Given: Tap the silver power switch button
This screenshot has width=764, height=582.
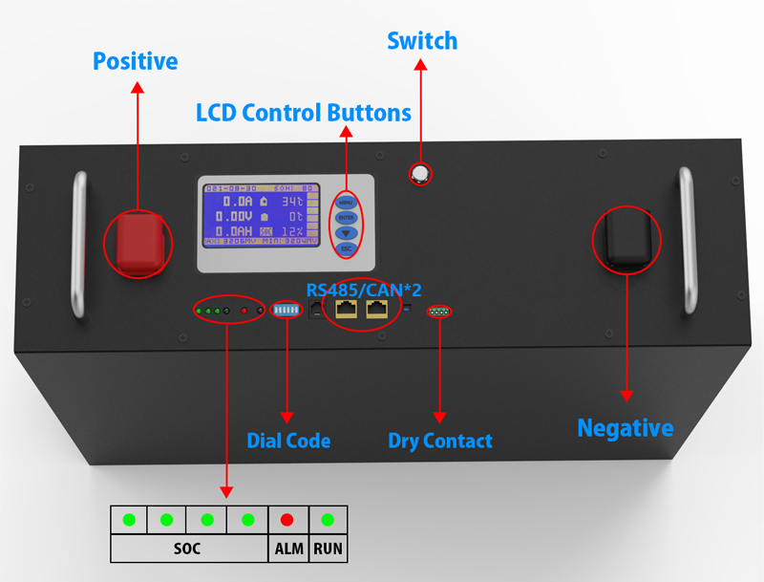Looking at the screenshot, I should (x=419, y=173).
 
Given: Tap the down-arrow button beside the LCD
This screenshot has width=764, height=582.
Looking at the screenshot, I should (x=347, y=232).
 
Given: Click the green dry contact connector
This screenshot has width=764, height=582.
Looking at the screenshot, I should (x=439, y=312).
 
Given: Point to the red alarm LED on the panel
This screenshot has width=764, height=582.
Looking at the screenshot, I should (x=244, y=311).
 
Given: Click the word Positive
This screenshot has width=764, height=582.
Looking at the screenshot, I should (x=135, y=62).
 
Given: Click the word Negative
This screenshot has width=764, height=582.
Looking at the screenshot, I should (x=625, y=427).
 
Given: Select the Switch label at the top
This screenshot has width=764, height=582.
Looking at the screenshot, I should (x=421, y=41).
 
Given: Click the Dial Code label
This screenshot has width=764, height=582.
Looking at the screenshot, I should (x=288, y=441).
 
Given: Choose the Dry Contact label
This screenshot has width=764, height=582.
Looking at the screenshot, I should (x=440, y=441).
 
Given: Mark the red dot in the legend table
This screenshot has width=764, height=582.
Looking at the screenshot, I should (x=287, y=521).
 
